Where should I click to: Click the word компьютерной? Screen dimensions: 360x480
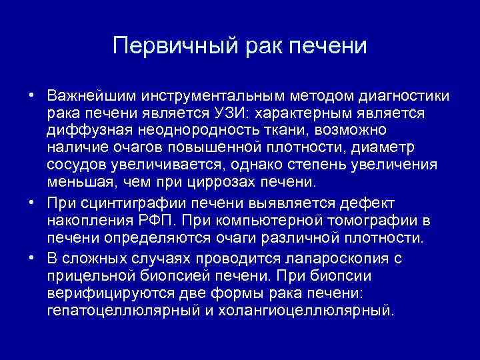(299, 220)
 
